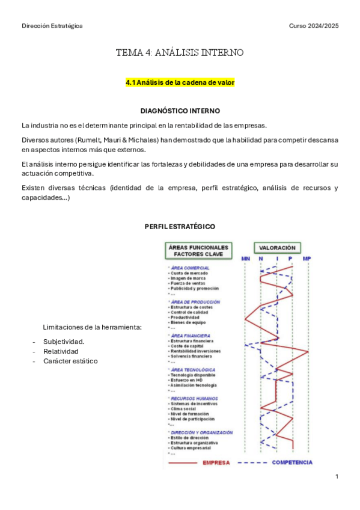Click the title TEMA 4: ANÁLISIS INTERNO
click(180, 53)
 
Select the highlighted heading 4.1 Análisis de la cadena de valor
click(180, 82)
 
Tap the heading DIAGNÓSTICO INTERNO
click(180, 111)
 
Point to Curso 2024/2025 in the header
click(314, 26)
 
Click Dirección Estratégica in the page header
click(52, 26)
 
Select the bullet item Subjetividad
click(64, 342)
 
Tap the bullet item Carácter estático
click(70, 361)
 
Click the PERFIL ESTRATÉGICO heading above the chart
click(180, 226)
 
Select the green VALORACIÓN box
click(277, 247)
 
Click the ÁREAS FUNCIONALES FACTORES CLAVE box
click(198, 250)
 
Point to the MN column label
click(245, 259)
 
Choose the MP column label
click(307, 259)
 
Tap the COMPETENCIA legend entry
click(292, 462)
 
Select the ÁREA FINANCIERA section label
click(191, 336)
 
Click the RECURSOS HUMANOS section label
click(194, 398)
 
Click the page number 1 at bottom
click(337, 477)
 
